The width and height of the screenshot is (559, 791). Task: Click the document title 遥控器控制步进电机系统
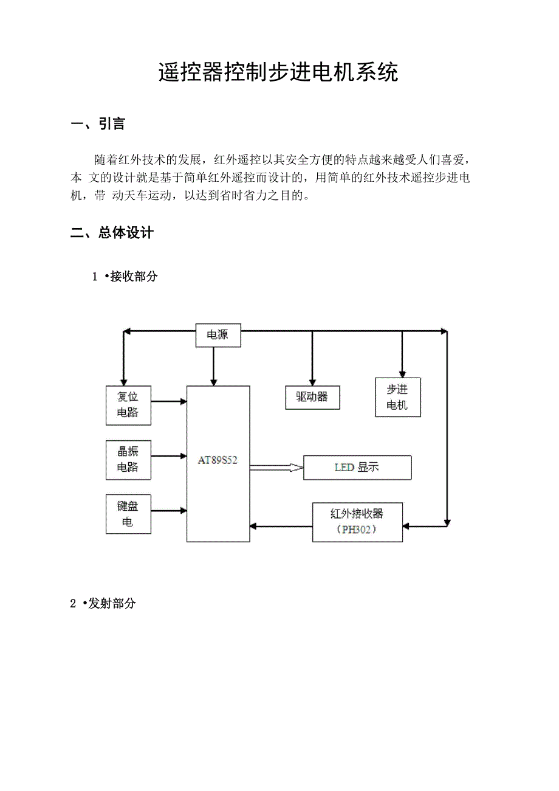(x=278, y=72)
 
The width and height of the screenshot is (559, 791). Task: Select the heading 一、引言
(x=98, y=124)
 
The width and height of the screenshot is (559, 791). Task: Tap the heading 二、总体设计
(x=112, y=232)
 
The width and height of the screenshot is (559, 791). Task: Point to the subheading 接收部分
(x=134, y=276)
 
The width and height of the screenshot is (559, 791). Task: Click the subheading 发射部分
(x=112, y=603)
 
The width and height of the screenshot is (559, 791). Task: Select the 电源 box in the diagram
(x=218, y=335)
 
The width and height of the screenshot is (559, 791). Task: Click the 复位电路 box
(x=128, y=405)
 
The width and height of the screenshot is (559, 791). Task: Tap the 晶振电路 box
(x=128, y=460)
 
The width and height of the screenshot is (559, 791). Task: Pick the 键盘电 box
(x=128, y=514)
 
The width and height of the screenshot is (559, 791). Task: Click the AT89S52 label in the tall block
(x=218, y=460)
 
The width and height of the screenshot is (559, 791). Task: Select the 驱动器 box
(x=312, y=397)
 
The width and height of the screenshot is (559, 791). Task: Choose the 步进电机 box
(x=398, y=397)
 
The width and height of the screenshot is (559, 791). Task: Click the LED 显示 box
(x=357, y=468)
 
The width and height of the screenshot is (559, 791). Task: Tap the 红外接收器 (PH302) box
(x=357, y=522)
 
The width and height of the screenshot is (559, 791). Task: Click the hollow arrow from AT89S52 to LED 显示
(x=276, y=468)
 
